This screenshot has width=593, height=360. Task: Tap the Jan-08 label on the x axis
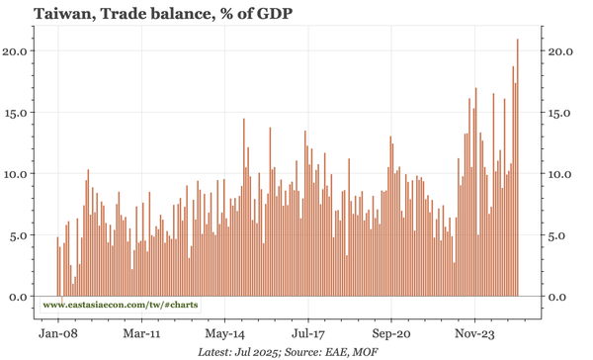click(57, 334)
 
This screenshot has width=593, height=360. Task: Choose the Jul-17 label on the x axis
click(307, 334)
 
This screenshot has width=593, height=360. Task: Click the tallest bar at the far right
click(518, 168)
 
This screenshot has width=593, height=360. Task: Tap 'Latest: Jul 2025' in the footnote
click(239, 351)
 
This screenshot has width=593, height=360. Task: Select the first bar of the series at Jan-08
click(57, 267)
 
